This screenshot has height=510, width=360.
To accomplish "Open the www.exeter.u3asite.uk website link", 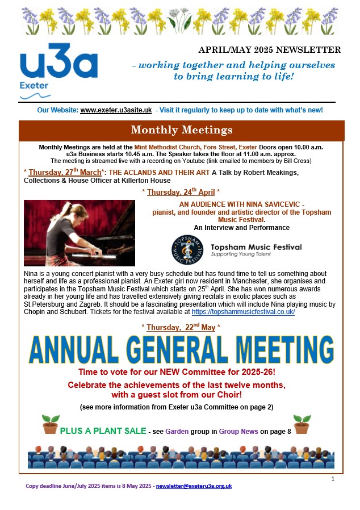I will [x=116, y=110].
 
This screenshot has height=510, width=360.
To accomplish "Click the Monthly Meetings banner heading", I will [x=181, y=130].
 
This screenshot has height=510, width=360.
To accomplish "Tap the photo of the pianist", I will [x=79, y=232].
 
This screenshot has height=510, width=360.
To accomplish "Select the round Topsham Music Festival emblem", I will [x=187, y=248].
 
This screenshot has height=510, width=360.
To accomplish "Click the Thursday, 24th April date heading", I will [x=181, y=192].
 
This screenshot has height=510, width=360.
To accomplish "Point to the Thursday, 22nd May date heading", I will [x=181, y=328].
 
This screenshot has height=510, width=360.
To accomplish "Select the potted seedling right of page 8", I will [x=302, y=424].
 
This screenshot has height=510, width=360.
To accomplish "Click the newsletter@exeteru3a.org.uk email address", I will [x=194, y=486].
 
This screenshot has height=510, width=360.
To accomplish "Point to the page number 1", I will [x=333, y=479].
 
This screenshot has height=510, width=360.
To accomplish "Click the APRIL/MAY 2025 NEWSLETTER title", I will [x=270, y=50].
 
